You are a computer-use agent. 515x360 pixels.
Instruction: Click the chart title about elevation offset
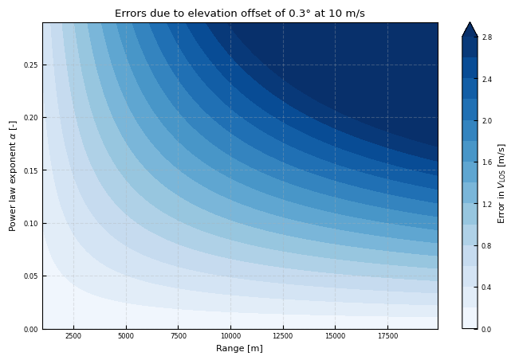tap(239, 14)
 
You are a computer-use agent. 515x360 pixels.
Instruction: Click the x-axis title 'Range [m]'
tap(239, 348)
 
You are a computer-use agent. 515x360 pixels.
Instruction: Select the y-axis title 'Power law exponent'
tap(13, 176)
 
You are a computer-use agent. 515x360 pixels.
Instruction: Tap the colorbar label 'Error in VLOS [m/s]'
tap(501, 183)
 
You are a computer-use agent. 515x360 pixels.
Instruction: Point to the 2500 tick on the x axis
tap(73, 336)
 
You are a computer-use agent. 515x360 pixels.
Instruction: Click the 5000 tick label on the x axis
tap(126, 336)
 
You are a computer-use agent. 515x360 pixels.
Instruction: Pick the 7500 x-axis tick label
tap(178, 336)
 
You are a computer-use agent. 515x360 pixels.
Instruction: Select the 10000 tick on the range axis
tap(230, 336)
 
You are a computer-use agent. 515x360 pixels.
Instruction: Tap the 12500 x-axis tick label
tap(283, 336)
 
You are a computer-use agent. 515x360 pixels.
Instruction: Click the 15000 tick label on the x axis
tap(335, 336)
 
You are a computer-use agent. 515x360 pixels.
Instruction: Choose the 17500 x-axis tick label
tap(387, 336)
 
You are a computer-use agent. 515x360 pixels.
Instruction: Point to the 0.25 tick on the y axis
tap(29, 65)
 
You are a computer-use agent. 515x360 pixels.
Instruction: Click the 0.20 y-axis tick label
tap(29, 117)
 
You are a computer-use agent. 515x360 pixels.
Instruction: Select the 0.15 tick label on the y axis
tap(29, 170)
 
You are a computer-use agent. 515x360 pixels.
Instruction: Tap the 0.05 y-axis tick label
tap(29, 276)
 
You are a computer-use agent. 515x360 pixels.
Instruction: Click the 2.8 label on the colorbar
tap(486, 37)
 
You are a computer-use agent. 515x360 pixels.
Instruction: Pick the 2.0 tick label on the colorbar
tap(486, 121)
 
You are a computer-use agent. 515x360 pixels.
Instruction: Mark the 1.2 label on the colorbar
tap(486, 204)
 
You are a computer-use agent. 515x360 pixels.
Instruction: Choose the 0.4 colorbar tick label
tap(486, 287)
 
